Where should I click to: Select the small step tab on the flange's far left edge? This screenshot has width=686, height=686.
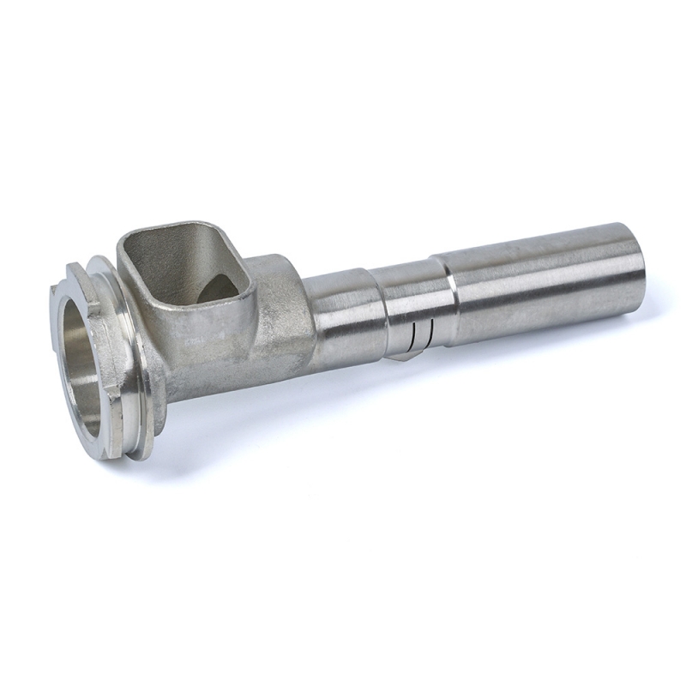pos(56,296)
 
